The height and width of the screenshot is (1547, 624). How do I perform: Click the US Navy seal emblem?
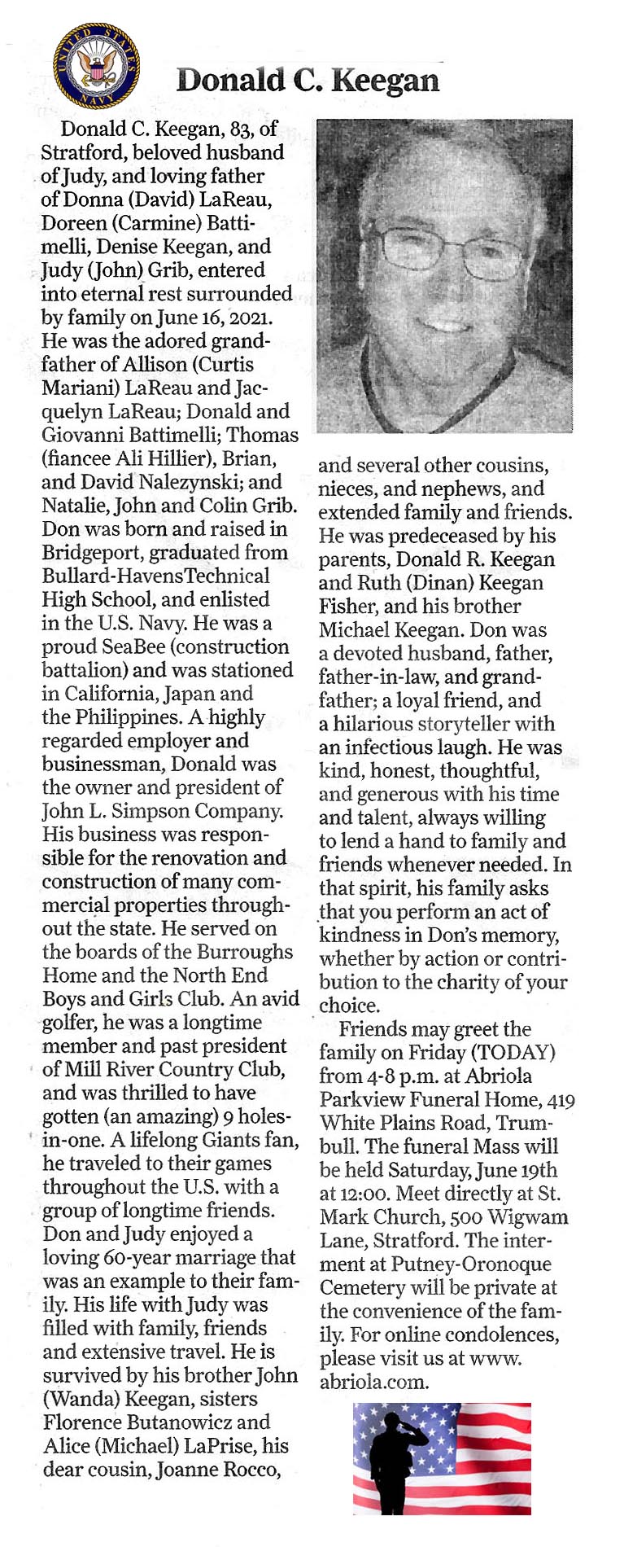click(x=96, y=66)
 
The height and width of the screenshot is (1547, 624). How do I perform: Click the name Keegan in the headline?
click(x=386, y=81)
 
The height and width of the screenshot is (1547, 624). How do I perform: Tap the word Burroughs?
click(x=249, y=952)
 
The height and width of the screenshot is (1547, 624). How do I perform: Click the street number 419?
click(x=561, y=1101)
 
